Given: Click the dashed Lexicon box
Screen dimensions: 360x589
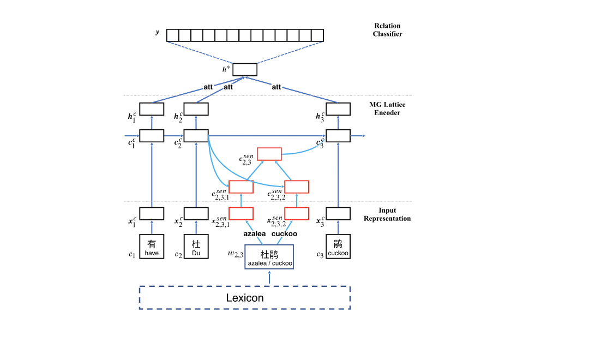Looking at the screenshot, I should click(x=245, y=298).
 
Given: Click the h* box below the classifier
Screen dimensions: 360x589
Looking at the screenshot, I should click(x=245, y=70).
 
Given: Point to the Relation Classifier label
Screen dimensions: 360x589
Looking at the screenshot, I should click(x=388, y=30).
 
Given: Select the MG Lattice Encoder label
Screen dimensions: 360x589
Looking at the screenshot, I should click(x=388, y=109).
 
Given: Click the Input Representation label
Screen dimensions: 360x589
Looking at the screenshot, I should click(x=387, y=214).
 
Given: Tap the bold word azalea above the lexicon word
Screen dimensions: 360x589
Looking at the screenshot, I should click(x=254, y=233).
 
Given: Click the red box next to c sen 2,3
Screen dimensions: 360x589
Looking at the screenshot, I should click(x=269, y=154).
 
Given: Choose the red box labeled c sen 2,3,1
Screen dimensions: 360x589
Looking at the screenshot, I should click(x=241, y=187).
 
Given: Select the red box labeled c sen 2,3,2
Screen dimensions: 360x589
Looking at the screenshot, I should click(x=297, y=187).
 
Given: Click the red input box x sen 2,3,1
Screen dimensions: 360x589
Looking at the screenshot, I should click(x=241, y=214).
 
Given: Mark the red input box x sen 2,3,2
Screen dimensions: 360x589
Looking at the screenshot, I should click(x=297, y=214).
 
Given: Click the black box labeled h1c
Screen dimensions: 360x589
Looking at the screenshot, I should click(x=152, y=109).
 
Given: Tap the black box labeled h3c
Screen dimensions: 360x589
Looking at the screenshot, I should click(x=338, y=109).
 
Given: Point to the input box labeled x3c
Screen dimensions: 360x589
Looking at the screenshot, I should click(x=338, y=214).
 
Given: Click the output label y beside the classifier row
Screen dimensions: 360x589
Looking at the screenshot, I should click(x=158, y=33).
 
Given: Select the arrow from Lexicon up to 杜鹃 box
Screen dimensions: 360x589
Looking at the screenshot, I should click(x=269, y=278).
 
